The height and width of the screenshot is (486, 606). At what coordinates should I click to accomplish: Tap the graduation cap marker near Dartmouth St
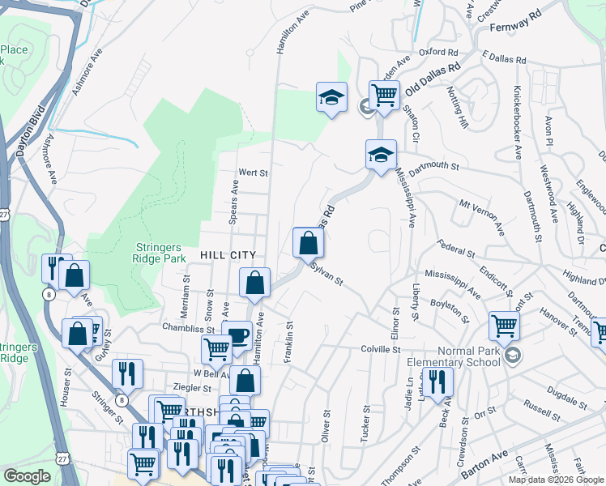(381, 153)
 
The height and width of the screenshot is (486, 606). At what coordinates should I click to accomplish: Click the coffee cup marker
(237, 336)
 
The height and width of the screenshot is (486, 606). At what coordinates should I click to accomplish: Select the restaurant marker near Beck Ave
(437, 382)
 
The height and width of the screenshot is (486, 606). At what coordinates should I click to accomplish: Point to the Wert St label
(253, 173)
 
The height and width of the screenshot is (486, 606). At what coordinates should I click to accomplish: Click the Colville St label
(381, 350)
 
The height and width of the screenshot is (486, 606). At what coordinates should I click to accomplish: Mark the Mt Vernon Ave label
(481, 213)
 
